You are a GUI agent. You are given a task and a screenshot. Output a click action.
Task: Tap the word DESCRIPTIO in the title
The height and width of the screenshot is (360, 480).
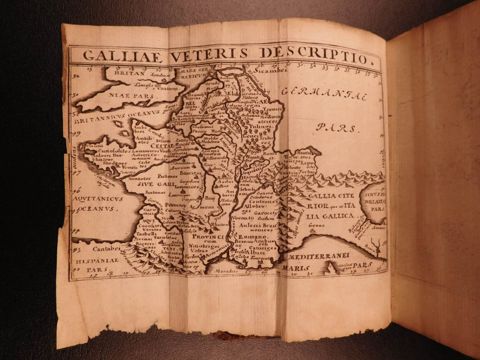point(313,55)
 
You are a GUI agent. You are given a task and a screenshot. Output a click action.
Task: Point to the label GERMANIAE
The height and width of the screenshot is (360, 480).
point(324,93)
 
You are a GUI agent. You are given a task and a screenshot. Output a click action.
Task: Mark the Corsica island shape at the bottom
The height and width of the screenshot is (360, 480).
point(332,269)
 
